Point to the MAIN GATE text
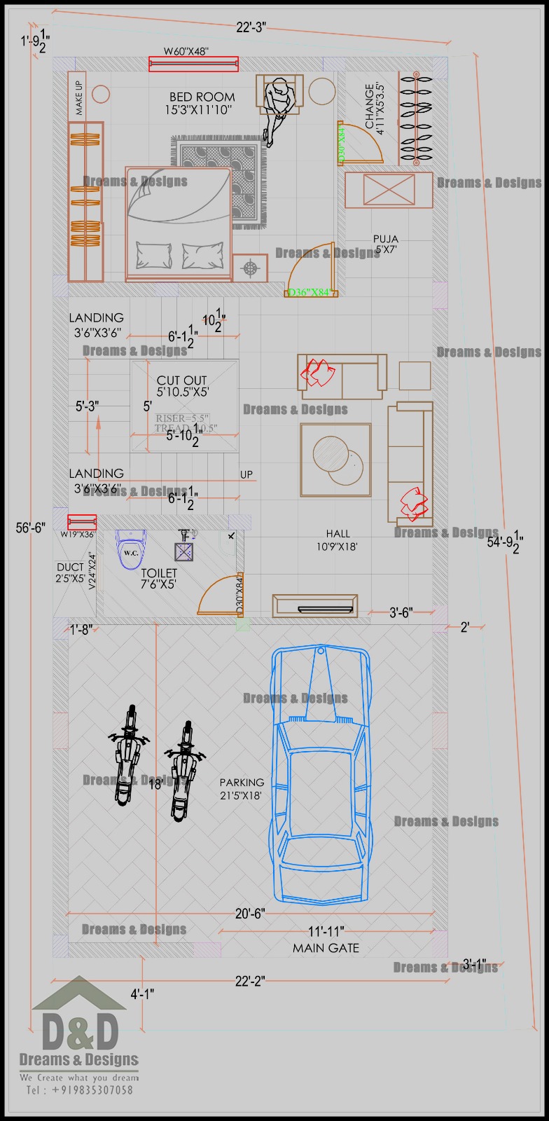[326, 948]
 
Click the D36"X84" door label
[309, 292]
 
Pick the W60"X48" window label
[186, 51]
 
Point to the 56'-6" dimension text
[30, 527]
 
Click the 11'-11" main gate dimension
[325, 932]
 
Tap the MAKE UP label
[78, 98]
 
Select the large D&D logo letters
[80, 1030]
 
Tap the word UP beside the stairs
[246, 474]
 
